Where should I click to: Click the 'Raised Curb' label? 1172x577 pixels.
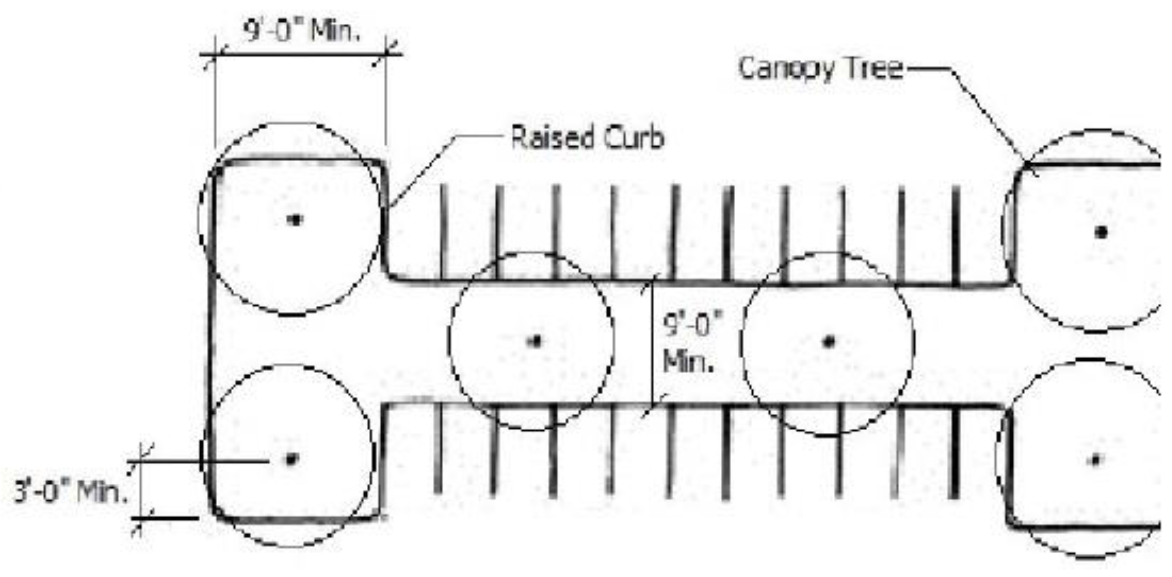[x=587, y=137]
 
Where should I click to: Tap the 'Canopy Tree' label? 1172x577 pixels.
[x=820, y=69]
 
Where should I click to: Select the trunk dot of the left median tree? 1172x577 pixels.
[x=536, y=341]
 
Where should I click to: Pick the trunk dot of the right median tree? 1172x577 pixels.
[x=829, y=341]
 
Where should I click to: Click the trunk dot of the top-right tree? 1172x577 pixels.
[x=1101, y=233]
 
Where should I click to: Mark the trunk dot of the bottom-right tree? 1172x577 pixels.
[x=1096, y=460]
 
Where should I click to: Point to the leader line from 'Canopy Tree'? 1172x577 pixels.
[x=987, y=114]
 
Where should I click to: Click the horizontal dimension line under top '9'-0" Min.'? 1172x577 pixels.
[x=300, y=55]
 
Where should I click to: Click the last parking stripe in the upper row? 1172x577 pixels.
[x=956, y=234]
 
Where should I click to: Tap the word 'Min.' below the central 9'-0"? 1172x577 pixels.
[x=688, y=362]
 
